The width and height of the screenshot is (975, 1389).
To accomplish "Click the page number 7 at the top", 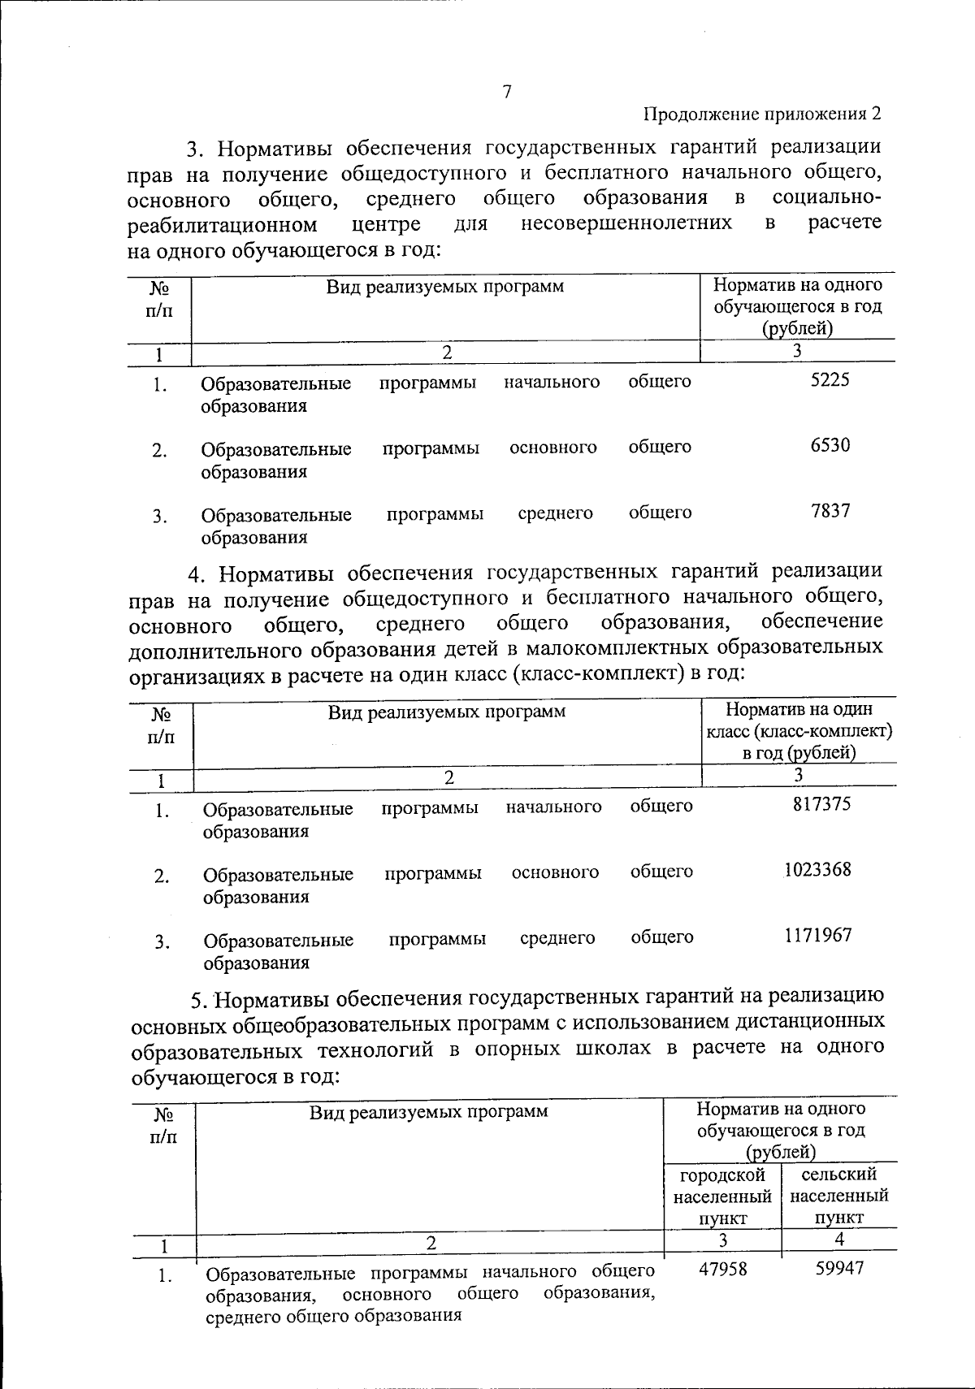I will (506, 93).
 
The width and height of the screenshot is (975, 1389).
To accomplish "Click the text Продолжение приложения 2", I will (762, 114).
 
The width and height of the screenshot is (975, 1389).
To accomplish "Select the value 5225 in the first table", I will (830, 380).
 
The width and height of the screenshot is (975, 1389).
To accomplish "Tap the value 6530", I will (830, 446).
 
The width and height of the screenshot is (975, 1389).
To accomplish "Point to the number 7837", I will (830, 511).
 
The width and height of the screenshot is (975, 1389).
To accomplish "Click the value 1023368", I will (818, 870).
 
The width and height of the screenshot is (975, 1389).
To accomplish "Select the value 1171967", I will (818, 935).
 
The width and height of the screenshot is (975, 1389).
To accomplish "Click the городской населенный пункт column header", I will (722, 1196).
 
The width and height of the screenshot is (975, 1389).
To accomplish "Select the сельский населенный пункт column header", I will (838, 1196).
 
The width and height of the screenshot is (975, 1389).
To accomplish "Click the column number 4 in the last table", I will (839, 1240).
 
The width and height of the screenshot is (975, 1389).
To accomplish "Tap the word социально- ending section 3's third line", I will (826, 198).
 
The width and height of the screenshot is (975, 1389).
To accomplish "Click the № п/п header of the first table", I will (159, 298).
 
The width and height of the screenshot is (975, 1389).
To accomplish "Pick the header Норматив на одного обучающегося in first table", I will (797, 306).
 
